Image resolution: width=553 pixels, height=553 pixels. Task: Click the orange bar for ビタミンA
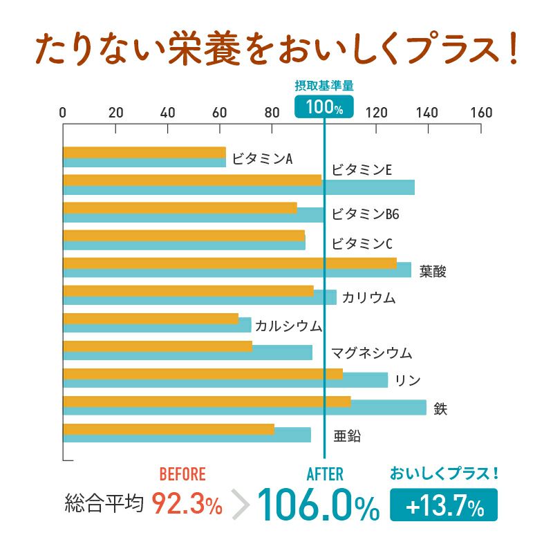[144, 152]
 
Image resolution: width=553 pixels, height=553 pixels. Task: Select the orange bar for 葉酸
[229, 263]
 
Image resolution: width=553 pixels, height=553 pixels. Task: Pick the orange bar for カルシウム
[150, 318]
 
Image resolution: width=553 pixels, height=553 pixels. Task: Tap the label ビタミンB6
[365, 214]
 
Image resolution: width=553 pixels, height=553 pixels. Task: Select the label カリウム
[368, 298]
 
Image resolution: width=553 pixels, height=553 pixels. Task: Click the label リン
[408, 380]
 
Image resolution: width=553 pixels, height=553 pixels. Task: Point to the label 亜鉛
[347, 435]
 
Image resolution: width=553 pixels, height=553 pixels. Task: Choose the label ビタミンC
[362, 243]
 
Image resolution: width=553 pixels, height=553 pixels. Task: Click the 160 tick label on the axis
[480, 113]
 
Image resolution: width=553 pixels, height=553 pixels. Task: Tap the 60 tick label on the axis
[219, 113]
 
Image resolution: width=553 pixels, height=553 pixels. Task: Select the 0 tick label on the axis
[63, 113]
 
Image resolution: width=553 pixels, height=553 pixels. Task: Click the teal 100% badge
[324, 107]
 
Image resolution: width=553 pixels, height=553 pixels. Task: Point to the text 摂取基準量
[324, 86]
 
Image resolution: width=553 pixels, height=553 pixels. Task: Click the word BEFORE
[182, 474]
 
